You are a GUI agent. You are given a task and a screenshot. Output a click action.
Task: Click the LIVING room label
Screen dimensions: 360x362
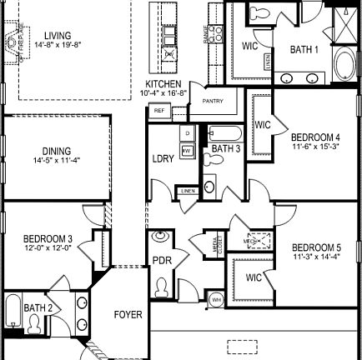pyautogui.click(x=58, y=36)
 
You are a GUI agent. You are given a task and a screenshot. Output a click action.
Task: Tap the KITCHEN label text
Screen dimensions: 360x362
pyautogui.click(x=163, y=85)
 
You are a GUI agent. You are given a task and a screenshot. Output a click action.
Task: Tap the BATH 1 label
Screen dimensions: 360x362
pyautogui.click(x=304, y=50)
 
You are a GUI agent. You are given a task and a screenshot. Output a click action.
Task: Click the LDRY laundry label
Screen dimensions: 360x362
pyautogui.click(x=163, y=159)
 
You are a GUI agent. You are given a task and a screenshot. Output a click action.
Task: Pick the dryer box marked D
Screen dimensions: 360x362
pyautogui.click(x=188, y=133)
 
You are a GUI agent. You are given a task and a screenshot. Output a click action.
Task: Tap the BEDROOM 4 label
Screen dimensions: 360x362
pyautogui.click(x=315, y=137)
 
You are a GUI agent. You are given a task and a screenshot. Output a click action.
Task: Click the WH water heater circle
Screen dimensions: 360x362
pyautogui.click(x=217, y=299)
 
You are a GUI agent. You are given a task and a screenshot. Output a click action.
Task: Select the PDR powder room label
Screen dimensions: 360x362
pyautogui.click(x=161, y=260)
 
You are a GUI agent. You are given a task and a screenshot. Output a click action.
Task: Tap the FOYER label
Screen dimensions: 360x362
pyautogui.click(x=128, y=315)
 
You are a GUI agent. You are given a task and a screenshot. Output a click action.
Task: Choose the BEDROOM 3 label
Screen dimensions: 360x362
pyautogui.click(x=48, y=239)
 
